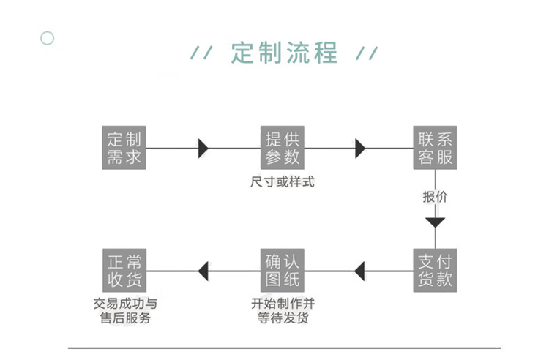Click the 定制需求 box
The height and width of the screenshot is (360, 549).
coord(124,148)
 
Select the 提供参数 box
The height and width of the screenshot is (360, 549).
coord(283,148)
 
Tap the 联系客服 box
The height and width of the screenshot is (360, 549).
coord(436,148)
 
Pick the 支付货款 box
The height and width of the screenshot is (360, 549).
coord(436,271)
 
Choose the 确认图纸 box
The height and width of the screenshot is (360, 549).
coord(283,271)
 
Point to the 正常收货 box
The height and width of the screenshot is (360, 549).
coord(124,271)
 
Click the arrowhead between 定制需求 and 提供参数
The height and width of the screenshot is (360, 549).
coord(203,149)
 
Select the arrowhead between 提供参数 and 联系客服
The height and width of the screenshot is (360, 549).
coord(360,149)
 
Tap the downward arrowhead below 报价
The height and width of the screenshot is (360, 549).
coord(436,222)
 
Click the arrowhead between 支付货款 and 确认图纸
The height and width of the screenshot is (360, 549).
coord(359,271)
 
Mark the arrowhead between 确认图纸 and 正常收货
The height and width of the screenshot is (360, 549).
coord(203,271)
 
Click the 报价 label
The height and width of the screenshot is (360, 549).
coord(436,197)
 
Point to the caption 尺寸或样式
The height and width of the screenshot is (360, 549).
coord(283,182)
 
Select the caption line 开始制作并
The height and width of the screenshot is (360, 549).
coord(283,304)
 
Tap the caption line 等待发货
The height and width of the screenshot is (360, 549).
coord(283,318)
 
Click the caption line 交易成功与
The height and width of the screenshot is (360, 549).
coord(125,304)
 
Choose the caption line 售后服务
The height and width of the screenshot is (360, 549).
coord(125,318)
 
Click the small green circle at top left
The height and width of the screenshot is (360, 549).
coord(48,38)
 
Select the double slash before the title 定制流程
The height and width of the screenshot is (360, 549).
coord(201,53)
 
